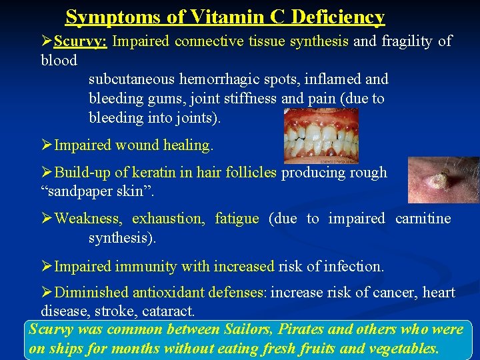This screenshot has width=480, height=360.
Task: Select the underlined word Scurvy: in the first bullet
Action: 81,41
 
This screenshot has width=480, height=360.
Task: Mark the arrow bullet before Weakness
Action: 47,219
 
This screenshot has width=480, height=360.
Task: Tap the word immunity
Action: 147,267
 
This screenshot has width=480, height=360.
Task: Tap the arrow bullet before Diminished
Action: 47,293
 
